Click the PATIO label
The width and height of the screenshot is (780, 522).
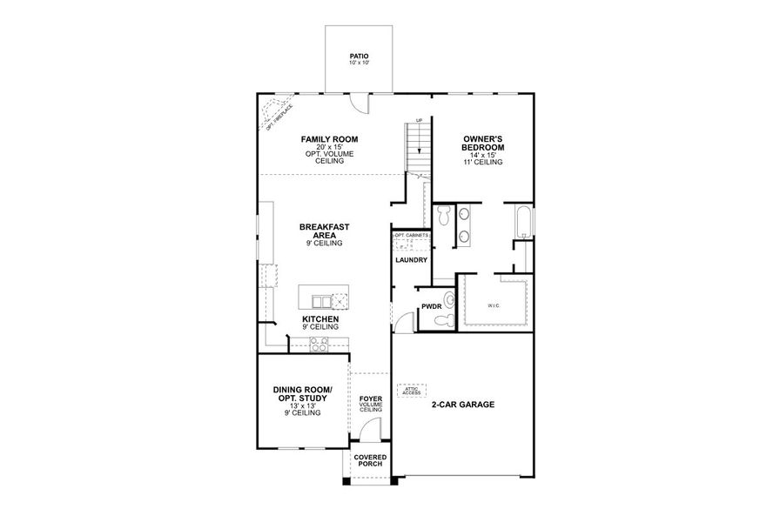pyautogui.click(x=359, y=56)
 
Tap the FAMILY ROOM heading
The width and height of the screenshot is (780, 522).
pyautogui.click(x=329, y=139)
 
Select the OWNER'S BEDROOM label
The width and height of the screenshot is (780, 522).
pyautogui.click(x=482, y=143)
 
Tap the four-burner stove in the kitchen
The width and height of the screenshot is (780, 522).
pyautogui.click(x=319, y=346)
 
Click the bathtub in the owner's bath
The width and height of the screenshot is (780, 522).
pyautogui.click(x=522, y=222)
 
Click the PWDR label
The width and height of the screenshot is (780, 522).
pyautogui.click(x=432, y=306)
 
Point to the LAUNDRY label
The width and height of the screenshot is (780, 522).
pyautogui.click(x=410, y=260)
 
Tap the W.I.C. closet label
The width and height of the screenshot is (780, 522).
pyautogui.click(x=494, y=304)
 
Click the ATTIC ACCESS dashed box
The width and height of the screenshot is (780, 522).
pyautogui.click(x=412, y=391)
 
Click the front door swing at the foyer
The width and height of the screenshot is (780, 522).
pyautogui.click(x=372, y=429)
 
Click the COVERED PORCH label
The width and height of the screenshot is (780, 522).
pyautogui.click(x=370, y=461)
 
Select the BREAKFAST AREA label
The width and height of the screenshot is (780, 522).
pyautogui.click(x=324, y=231)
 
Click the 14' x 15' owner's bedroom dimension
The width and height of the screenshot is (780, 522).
pyautogui.click(x=482, y=155)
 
